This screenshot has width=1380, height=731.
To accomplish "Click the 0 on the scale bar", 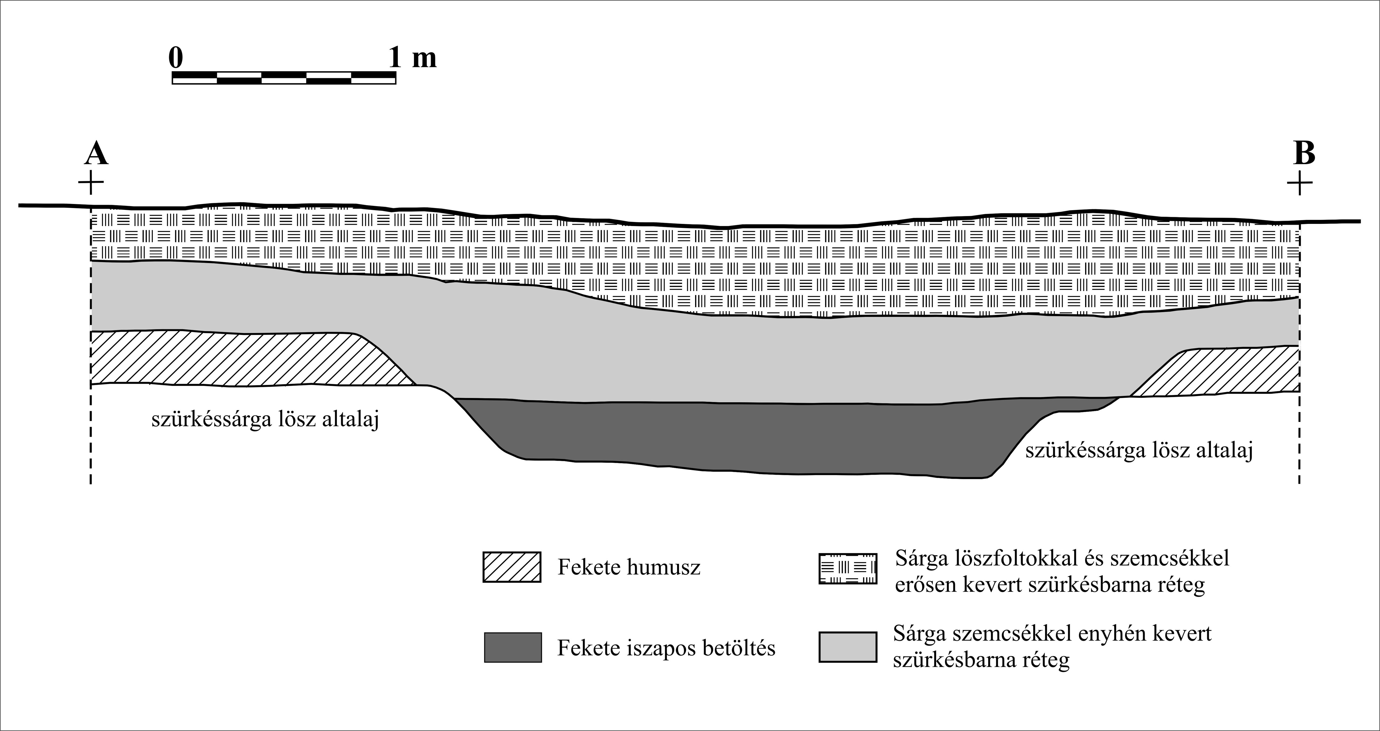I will pos(176,57).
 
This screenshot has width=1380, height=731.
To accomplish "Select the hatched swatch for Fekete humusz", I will pos(512,567).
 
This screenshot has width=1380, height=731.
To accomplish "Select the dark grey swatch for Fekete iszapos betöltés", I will pos(513,647).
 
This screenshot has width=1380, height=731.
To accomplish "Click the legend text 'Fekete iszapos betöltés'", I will pos(666,648).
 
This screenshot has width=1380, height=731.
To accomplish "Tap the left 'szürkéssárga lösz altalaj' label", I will pos(265,419).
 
